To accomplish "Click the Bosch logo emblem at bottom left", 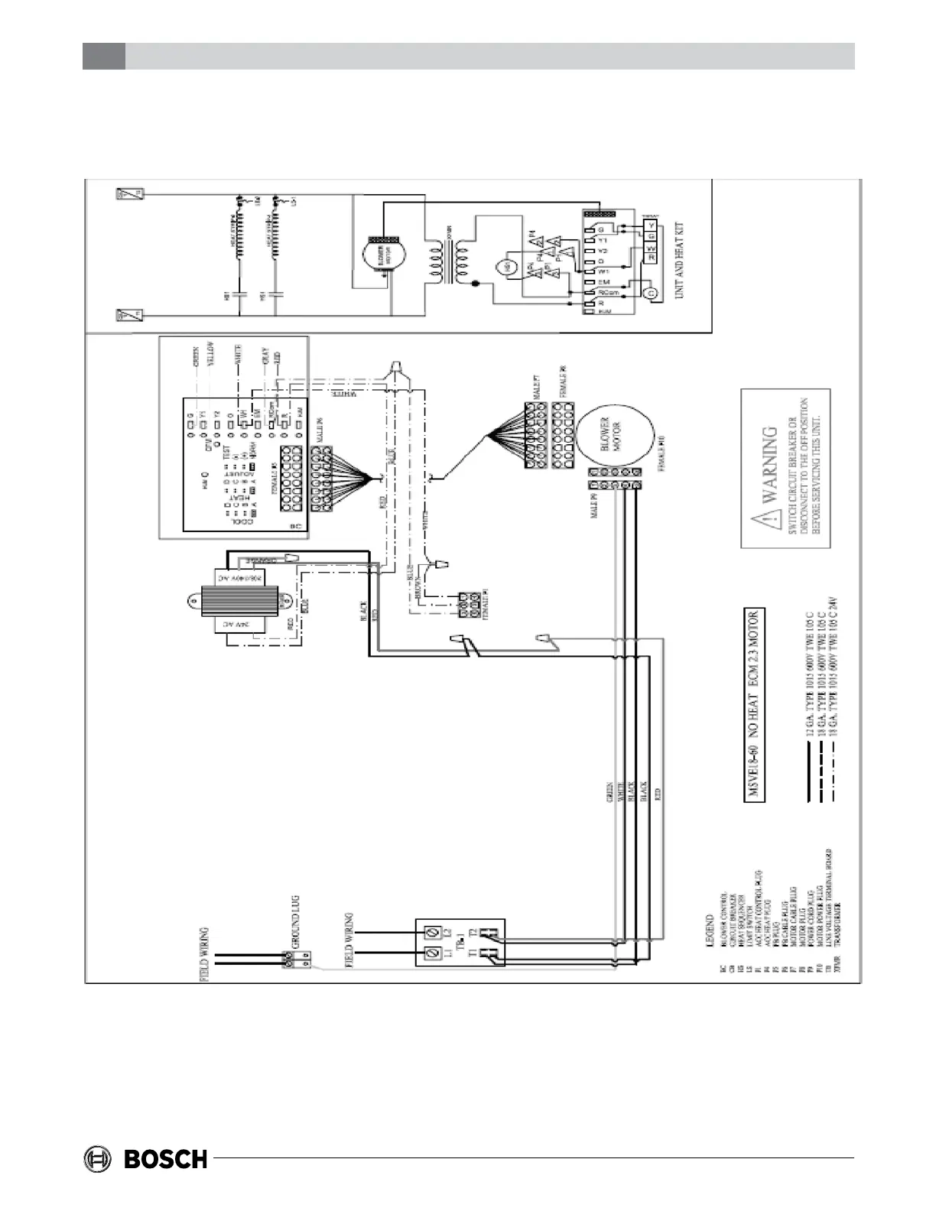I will pyautogui.click(x=99, y=1158).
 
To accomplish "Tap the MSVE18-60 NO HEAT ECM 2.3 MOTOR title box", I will pyautogui.click(x=753, y=704).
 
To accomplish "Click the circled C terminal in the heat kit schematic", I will pyautogui.click(x=651, y=293).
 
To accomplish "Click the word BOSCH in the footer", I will pyautogui.click(x=166, y=1159).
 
